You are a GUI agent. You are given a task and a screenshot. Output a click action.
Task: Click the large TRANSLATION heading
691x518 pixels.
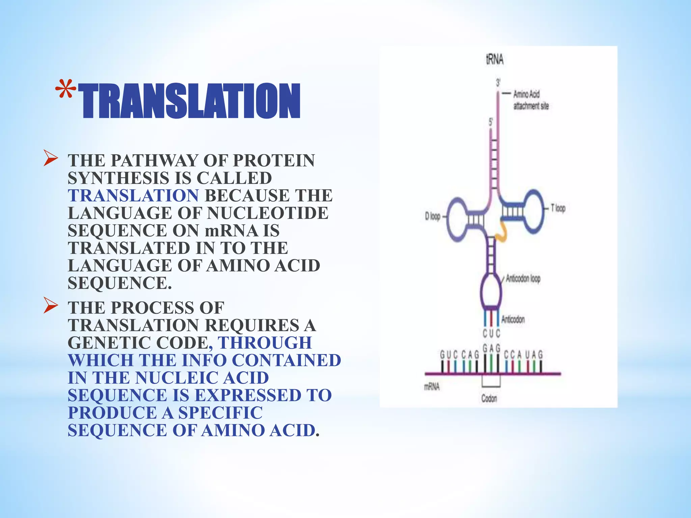click(x=189, y=101)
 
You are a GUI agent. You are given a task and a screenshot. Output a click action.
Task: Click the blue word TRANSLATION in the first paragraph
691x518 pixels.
click(x=133, y=196)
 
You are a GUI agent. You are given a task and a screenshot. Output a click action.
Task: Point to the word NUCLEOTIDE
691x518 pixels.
click(x=268, y=213)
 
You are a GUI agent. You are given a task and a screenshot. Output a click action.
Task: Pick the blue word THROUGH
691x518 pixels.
click(x=265, y=343)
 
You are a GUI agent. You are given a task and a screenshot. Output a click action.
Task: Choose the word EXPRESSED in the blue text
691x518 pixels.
click(x=248, y=396)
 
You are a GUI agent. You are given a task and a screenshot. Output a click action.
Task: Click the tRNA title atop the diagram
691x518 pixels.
click(x=495, y=60)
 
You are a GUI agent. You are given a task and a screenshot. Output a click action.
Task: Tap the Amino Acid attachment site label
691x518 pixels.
click(x=530, y=100)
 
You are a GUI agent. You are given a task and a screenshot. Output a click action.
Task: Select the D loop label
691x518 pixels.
click(x=433, y=216)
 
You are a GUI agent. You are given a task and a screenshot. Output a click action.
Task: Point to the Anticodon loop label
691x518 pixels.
click(x=523, y=279)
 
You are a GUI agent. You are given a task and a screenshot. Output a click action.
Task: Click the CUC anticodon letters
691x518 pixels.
click(x=491, y=334)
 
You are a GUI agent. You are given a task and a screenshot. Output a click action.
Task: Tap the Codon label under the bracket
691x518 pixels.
click(x=489, y=399)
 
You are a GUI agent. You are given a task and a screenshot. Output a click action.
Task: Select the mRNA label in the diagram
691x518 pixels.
click(x=432, y=386)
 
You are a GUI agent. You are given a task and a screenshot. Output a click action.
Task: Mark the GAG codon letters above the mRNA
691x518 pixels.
click(x=491, y=348)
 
